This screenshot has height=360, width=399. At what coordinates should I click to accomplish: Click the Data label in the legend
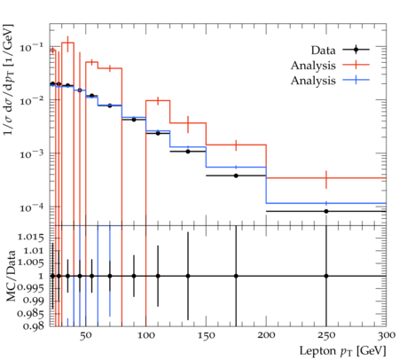tap(323, 51)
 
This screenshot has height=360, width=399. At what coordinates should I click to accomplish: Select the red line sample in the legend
tap(356, 65)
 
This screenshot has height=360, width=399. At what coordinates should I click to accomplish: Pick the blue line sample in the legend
tap(356, 80)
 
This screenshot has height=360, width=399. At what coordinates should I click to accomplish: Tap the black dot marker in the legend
tap(356, 50)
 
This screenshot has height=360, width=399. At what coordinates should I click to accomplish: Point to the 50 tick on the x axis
tap(85, 335)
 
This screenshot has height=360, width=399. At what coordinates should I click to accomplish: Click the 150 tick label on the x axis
tap(206, 335)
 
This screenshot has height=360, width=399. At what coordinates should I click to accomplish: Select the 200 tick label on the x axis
tap(266, 335)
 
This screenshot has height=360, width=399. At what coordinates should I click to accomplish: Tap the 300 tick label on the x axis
tap(387, 335)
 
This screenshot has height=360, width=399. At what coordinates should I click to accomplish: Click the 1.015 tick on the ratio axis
tap(31, 238)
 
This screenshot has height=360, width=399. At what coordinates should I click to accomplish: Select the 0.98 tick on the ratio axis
tap(35, 326)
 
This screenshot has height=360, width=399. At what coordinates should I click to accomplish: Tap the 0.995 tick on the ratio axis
tap(31, 287)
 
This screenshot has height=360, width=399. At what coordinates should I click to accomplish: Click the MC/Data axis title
tap(11, 276)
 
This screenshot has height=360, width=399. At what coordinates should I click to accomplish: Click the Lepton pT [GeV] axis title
tap(343, 351)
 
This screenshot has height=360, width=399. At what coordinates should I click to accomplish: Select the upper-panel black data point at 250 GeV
tap(326, 211)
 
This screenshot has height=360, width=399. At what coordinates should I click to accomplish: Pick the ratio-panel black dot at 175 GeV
tap(236, 276)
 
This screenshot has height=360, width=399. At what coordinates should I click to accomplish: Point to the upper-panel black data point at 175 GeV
tap(236, 176)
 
